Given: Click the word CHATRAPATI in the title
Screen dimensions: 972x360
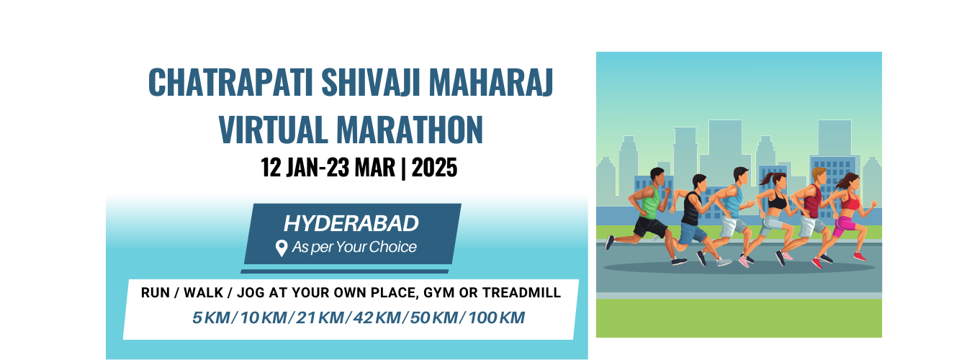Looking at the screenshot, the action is [230, 82].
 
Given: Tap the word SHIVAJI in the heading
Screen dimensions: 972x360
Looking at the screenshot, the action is [371, 82].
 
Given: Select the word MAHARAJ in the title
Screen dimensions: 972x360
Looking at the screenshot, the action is [491, 82].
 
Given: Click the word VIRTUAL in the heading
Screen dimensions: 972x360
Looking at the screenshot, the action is [273, 130].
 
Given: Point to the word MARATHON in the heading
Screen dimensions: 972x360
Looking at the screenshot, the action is [410, 130].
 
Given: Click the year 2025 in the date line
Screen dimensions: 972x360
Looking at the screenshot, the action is [434, 168].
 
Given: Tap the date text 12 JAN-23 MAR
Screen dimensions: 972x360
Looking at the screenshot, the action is [328, 168].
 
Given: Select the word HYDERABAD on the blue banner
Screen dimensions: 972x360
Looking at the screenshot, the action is [351, 224].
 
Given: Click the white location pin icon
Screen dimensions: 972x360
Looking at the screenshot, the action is [282, 248].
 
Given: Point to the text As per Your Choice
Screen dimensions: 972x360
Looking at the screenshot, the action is [354, 247].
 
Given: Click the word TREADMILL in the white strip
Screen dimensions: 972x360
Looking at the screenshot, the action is [521, 293].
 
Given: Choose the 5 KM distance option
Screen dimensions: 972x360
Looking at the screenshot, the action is [211, 318].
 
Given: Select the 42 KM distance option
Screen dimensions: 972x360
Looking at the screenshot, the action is [377, 318].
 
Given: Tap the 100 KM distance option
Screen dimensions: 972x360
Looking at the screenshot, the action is [496, 318].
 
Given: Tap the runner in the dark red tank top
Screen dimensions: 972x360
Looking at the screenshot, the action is [811, 212].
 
